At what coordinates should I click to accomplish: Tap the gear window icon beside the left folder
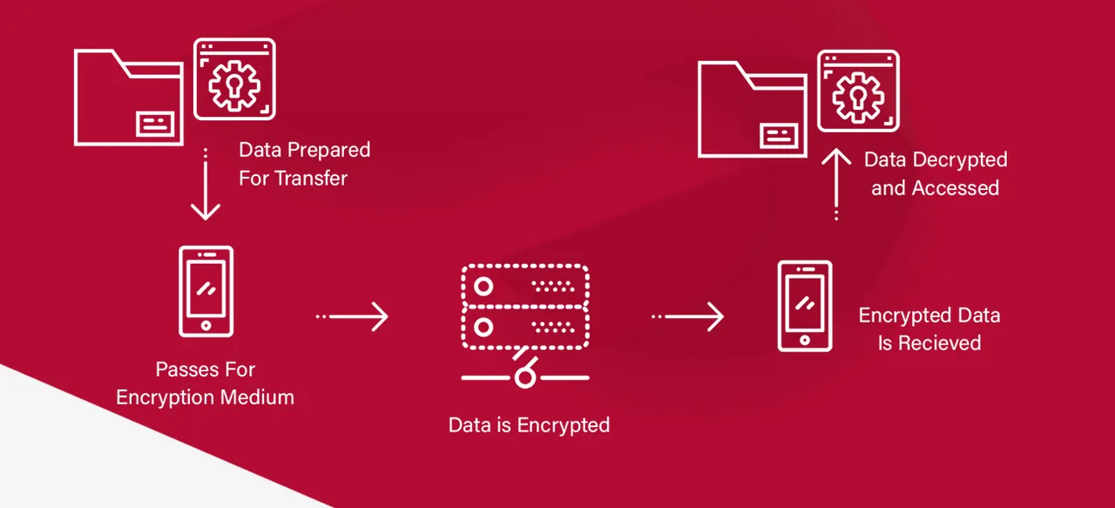click(234, 78)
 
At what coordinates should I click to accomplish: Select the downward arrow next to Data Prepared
click(205, 184)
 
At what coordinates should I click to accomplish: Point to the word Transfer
click(311, 179)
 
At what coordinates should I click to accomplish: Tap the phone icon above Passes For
click(206, 291)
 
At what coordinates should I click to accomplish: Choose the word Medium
click(257, 397)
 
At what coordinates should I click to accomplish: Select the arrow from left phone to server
click(353, 316)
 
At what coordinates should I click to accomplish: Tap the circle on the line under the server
click(525, 377)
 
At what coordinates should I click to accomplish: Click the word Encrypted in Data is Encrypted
click(564, 426)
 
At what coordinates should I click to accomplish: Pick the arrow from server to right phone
click(688, 316)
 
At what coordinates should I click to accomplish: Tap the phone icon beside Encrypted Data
click(805, 307)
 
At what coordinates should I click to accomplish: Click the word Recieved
click(939, 343)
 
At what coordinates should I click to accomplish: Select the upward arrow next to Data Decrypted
click(836, 184)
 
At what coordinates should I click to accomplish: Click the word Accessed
click(956, 188)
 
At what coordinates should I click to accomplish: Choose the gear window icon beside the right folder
click(858, 91)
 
